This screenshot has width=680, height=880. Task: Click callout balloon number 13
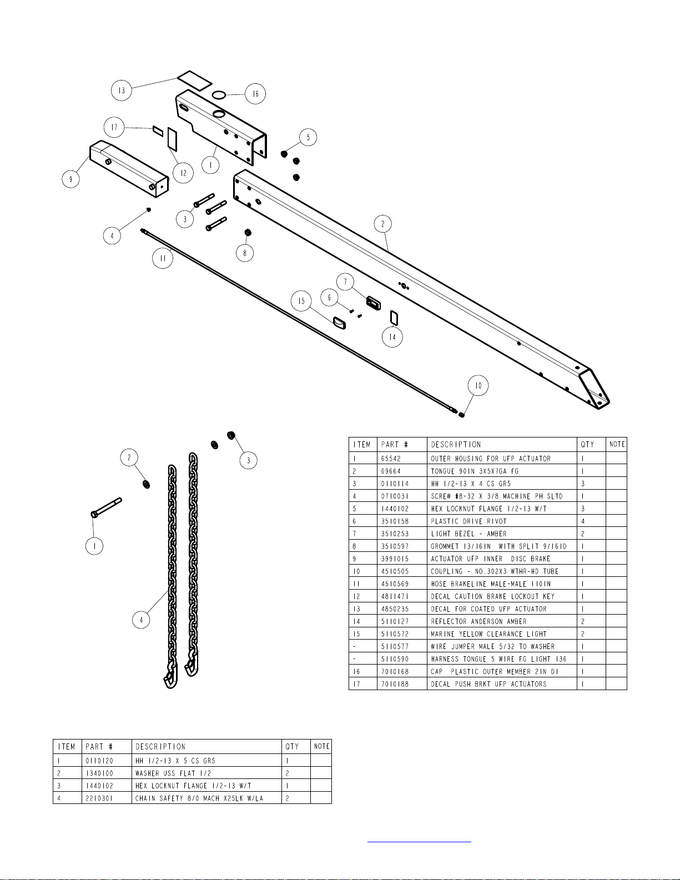(122, 90)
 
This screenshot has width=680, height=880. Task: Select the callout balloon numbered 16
(255, 94)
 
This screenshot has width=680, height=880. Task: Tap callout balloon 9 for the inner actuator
(70, 179)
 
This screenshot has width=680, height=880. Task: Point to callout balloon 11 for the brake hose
(163, 258)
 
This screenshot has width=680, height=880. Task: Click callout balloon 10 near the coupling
(478, 385)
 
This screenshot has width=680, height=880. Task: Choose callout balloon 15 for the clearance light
(301, 301)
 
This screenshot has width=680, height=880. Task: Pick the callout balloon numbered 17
(114, 127)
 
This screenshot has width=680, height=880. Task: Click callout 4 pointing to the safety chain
(142, 619)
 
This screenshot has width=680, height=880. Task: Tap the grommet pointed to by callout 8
(248, 232)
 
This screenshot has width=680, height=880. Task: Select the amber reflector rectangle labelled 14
(394, 318)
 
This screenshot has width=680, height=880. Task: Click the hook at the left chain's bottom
(168, 680)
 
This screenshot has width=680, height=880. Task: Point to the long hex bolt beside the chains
(107, 507)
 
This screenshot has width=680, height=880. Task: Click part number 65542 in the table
(391, 459)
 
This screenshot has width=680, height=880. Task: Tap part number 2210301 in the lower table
(99, 798)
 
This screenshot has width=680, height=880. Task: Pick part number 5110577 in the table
(394, 647)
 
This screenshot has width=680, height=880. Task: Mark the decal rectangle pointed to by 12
(172, 139)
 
